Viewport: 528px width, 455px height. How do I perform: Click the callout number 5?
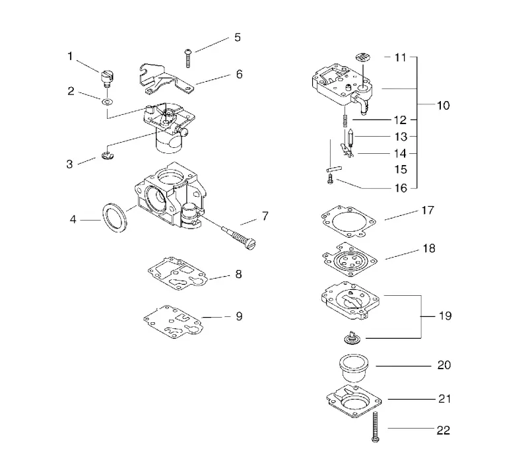pos(238,38)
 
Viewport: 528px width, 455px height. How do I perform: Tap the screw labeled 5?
pos(188,58)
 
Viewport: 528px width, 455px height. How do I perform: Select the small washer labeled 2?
pos(108,101)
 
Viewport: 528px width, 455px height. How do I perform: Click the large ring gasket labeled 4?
pos(115,217)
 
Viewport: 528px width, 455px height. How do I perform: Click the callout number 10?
pos(443,106)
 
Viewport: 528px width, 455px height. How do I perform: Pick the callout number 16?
pos(401,188)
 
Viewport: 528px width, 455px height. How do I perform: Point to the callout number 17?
pos(428,210)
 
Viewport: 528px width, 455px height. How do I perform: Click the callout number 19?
pos(445,316)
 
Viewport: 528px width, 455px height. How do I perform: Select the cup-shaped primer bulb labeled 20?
pos(354,367)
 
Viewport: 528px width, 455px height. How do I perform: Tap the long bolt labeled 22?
pos(376,427)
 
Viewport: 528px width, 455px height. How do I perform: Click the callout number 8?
pos(238,274)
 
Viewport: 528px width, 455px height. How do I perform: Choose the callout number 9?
pos(239,316)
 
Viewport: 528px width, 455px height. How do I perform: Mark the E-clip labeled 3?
pos(108,156)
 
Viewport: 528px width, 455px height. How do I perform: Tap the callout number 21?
pos(444,399)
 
